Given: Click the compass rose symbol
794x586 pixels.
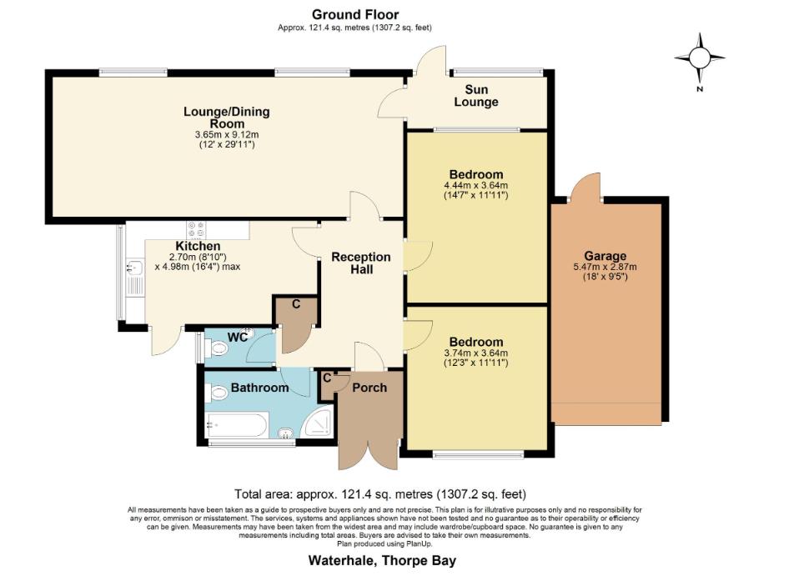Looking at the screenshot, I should (700, 57).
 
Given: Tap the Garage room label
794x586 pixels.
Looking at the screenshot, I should (605, 256).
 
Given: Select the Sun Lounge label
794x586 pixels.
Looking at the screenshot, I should (476, 96).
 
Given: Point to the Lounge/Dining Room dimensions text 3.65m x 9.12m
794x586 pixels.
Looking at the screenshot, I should (226, 134).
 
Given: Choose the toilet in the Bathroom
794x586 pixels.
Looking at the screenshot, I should (219, 393).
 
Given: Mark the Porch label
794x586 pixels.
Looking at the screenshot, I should (368, 388).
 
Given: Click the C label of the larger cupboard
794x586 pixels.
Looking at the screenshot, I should (296, 305).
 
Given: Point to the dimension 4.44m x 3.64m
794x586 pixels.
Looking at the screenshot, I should (476, 185).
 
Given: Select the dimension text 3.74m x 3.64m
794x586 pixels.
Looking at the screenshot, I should (476, 353).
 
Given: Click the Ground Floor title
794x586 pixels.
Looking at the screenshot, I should (355, 14).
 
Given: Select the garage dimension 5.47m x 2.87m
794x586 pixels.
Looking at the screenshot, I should (605, 267).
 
